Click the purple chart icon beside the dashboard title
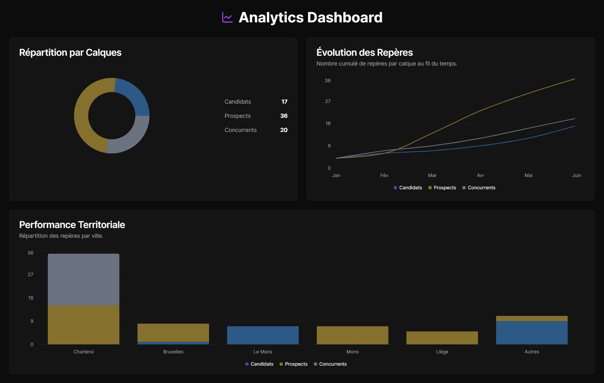227,18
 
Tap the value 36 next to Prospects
284,116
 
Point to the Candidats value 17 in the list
284,102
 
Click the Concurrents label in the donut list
240,130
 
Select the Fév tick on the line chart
384,175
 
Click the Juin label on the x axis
576,175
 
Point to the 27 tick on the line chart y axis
328,101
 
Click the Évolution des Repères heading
364,52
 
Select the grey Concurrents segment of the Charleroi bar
83,279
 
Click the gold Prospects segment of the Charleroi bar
83,325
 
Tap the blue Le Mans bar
263,335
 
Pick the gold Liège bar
442,338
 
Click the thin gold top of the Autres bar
532,318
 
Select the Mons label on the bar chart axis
352,352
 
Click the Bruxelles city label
173,352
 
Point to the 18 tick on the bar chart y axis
31,298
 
